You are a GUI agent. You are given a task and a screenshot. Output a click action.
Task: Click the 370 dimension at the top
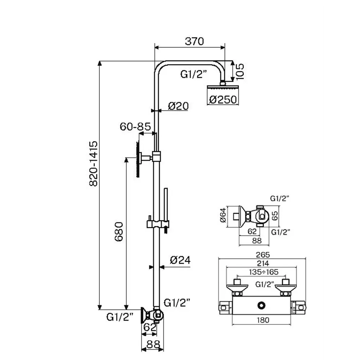tap(194, 41)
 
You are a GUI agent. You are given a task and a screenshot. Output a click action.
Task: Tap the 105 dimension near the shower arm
tap(239, 72)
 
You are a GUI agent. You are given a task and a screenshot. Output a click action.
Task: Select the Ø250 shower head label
tap(223, 100)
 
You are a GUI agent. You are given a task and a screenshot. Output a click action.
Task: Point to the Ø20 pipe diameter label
tap(179, 106)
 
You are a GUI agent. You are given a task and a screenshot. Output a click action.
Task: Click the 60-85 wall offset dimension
tap(135, 126)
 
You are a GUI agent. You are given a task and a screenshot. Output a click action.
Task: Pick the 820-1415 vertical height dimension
tap(94, 163)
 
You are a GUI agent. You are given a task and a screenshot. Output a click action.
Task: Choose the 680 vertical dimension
tap(119, 231)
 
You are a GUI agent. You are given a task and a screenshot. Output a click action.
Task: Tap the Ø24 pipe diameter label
tap(180, 260)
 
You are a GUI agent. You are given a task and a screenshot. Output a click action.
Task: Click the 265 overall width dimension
tap(263, 255)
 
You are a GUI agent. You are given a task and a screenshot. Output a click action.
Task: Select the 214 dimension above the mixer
tap(263, 264)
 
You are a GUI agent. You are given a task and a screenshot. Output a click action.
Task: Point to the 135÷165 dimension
tap(264, 272)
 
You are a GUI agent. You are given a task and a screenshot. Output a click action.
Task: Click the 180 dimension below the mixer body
tap(263, 320)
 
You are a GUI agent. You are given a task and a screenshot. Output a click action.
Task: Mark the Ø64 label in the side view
tap(223, 215)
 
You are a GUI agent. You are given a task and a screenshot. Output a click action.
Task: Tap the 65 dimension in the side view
tap(275, 216)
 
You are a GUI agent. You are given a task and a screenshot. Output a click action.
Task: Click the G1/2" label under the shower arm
tap(194, 75)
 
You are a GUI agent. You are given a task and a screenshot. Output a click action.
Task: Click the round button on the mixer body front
tap(261, 306)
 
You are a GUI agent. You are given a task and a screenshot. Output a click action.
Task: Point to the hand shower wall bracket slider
tap(158, 224)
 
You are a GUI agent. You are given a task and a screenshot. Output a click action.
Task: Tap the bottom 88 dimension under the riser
tap(153, 345)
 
